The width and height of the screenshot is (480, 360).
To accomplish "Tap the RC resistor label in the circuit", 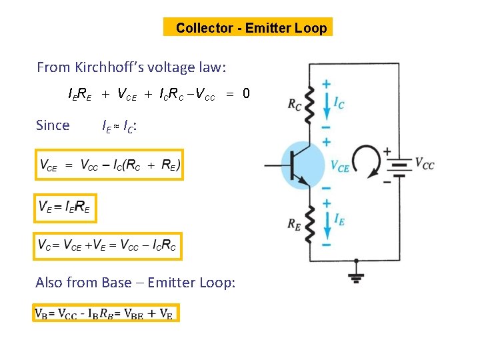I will [294, 104].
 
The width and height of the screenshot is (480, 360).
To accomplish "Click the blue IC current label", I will [339, 103].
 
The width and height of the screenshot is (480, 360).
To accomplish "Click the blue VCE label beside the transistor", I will [339, 167].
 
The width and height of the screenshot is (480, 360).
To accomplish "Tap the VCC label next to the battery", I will [425, 163].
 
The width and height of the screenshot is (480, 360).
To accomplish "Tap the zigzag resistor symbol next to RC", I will [311, 104].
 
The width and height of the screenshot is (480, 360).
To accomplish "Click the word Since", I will [53, 125].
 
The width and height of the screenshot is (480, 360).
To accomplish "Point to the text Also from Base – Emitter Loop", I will [135, 283].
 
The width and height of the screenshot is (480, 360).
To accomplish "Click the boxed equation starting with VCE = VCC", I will [109, 165].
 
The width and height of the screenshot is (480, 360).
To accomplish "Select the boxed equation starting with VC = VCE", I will [107, 246].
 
